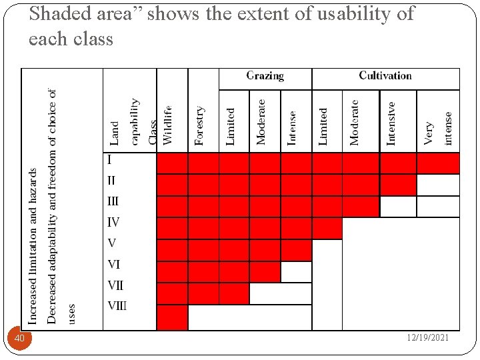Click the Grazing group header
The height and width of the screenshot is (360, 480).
click(265, 76)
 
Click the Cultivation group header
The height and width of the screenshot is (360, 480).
click(385, 76)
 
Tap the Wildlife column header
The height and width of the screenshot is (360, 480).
click(168, 125)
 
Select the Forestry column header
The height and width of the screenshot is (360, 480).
click(200, 125)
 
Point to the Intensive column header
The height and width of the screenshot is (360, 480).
click(391, 123)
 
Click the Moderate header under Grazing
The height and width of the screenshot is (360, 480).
click(261, 122)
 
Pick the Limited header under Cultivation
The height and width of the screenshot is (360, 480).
click(323, 126)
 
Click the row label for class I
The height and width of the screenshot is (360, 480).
click(109, 160)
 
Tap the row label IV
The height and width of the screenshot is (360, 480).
click(113, 222)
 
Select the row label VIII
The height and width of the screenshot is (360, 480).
click(117, 307)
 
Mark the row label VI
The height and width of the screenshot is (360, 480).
click(113, 265)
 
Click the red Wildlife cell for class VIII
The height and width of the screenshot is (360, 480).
click(172, 317)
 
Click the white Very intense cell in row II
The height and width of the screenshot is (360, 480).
click(438, 185)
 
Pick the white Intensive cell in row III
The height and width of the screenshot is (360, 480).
click(398, 207)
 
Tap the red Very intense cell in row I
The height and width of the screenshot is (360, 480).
click(438, 163)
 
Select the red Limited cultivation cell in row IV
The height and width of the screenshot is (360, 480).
click(327, 228)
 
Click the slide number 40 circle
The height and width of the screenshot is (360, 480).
click(19, 339)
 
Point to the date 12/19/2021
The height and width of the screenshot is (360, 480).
click(428, 338)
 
